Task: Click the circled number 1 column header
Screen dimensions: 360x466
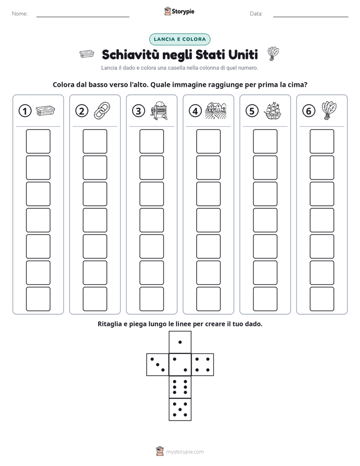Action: pos(25,111)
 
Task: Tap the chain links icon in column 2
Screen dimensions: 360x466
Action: pos(102,111)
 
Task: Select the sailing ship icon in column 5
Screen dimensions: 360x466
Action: pos(272,111)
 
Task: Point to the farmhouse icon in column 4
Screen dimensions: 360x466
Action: pos(215,111)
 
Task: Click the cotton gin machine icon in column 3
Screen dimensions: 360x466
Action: pos(159,111)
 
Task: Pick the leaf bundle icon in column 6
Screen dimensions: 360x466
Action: pos(329,111)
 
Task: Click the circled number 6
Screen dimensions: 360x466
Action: pos(309,111)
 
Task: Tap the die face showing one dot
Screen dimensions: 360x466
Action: pos(180,342)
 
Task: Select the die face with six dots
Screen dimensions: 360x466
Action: pos(180,387)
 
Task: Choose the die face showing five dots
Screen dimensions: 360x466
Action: pos(180,410)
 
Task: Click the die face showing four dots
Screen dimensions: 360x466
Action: pos(203,365)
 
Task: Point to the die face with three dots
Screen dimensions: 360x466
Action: pos(158,365)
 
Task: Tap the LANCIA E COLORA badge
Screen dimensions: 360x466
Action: pos(179,39)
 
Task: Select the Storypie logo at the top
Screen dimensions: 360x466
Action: pos(179,12)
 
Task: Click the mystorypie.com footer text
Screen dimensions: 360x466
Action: pos(185,452)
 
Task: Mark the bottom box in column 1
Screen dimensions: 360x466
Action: pos(38,299)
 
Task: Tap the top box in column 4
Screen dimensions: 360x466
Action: pos(208,141)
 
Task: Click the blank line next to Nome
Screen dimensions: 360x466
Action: pos(83,17)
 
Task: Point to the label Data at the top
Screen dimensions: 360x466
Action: pos(256,14)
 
